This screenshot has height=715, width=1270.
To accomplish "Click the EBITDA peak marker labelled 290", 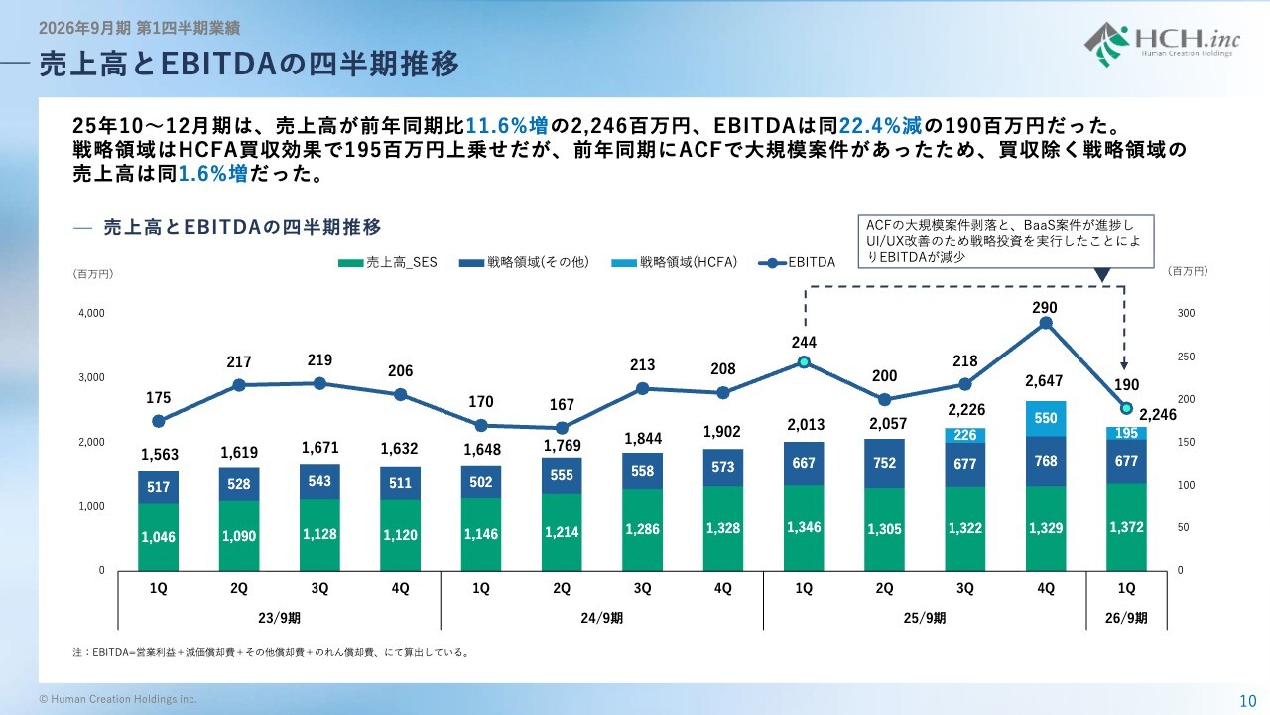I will (x=1046, y=323).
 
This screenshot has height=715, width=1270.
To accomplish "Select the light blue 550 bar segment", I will (x=1046, y=419).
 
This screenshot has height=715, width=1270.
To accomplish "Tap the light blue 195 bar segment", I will (x=1126, y=434).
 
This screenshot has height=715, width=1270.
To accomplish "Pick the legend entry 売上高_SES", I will (x=390, y=263).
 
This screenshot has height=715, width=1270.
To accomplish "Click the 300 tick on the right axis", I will (x=1186, y=313).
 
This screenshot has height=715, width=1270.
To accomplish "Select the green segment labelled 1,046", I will (x=159, y=536).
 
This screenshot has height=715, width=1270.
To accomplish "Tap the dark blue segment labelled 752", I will (x=884, y=463).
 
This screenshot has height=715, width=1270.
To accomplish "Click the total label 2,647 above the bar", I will (x=1046, y=380).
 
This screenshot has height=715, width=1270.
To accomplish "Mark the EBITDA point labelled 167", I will (x=562, y=428).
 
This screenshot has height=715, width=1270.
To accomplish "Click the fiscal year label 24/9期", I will (x=602, y=618).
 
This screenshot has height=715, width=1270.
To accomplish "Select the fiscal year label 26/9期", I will (x=1126, y=618).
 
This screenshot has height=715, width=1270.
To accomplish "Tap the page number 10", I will (x=1248, y=699).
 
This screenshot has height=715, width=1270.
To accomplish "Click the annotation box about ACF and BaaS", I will (x=1006, y=241).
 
